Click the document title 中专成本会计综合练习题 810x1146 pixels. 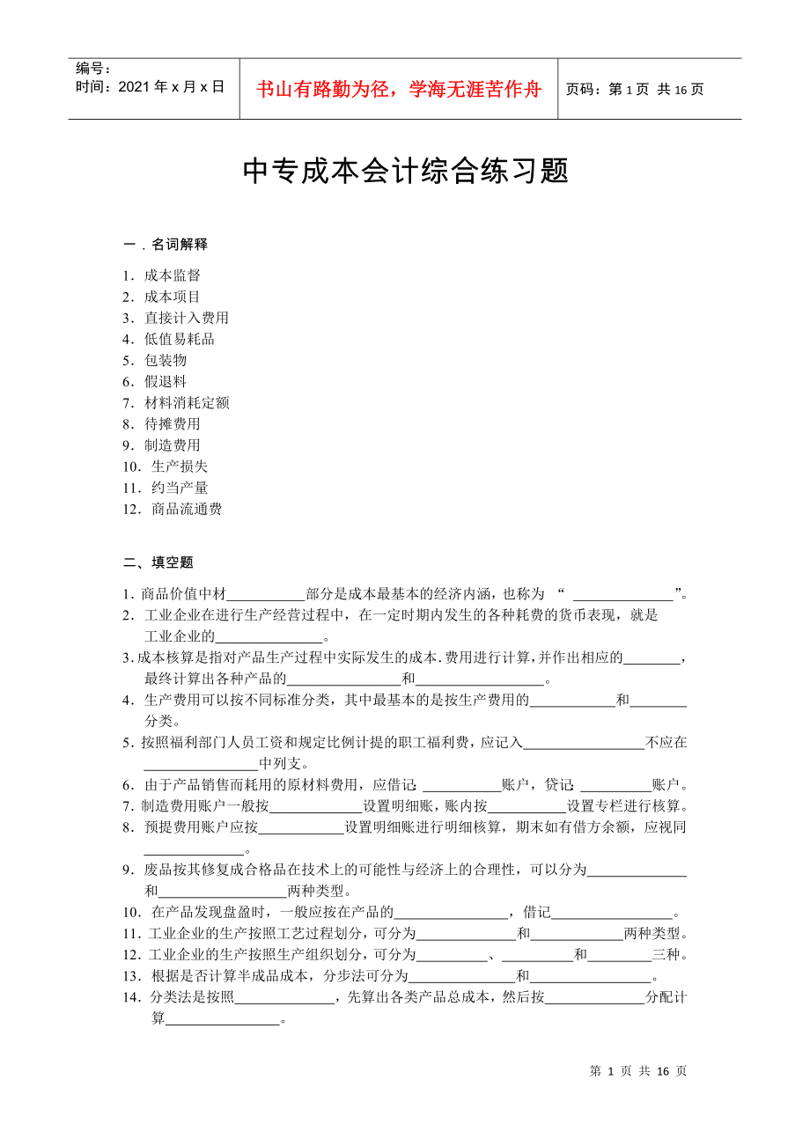(405, 171)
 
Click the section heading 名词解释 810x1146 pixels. (180, 244)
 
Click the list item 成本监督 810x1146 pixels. (173, 275)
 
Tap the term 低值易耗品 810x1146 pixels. (180, 339)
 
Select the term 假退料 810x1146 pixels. (166, 381)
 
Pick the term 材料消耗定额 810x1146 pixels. (187, 402)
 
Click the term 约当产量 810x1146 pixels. (180, 487)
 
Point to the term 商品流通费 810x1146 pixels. (187, 509)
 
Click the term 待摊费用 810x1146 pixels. (173, 423)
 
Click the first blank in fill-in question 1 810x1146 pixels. (266, 595)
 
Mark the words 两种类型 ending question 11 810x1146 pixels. (652, 933)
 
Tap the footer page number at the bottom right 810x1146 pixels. (637, 1071)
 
